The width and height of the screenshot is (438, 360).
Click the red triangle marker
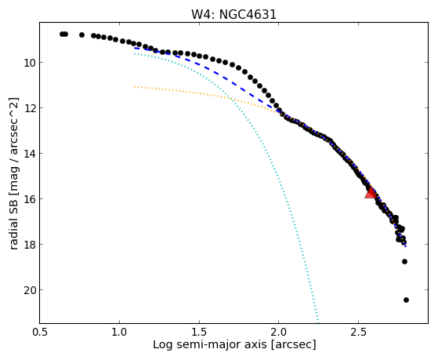371,193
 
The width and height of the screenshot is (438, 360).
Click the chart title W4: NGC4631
233,15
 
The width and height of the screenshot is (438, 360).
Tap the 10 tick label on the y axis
29,63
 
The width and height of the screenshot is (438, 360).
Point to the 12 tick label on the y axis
29,108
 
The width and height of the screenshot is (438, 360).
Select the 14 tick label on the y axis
29,154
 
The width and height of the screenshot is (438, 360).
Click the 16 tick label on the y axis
29,199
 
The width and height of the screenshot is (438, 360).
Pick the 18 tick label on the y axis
29,245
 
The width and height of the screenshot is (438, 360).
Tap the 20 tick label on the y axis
29,290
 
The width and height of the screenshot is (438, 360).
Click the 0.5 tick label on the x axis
40,333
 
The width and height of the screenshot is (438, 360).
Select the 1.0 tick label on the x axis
119,333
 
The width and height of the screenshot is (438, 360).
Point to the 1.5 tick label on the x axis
199,333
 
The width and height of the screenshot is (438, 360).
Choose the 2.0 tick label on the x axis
279,333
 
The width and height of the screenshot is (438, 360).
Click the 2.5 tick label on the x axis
358,333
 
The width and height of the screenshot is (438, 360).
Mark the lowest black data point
406,300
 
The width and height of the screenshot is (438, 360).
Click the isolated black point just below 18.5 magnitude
404,261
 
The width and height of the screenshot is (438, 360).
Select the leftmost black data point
62,35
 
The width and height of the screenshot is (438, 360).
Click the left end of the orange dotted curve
135,87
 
